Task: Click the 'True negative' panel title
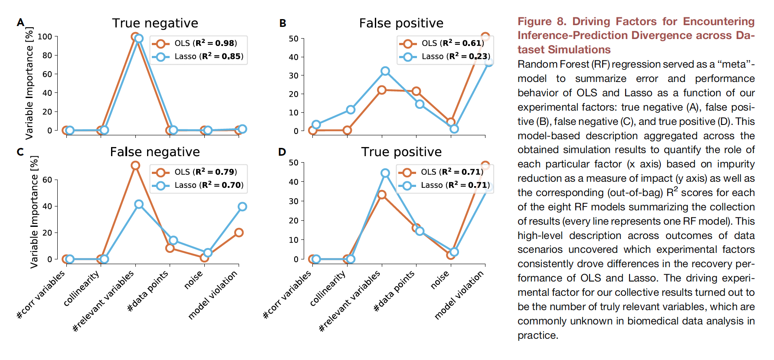pyautogui.click(x=155, y=23)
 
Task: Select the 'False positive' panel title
pyautogui.click(x=401, y=23)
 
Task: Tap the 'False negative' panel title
pyautogui.click(x=155, y=152)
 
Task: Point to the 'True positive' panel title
pyautogui.click(x=401, y=152)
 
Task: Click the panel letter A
pyautogui.click(x=20, y=23)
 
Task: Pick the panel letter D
pyautogui.click(x=282, y=152)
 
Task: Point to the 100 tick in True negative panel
pyautogui.click(x=45, y=37)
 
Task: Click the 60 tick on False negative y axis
pyautogui.click(x=47, y=180)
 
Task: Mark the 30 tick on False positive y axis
pyautogui.click(x=294, y=75)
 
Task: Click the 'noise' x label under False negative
pyautogui.click(x=193, y=280)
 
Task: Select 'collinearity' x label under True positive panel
pyautogui.click(x=328, y=288)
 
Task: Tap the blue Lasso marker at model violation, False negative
pyautogui.click(x=242, y=207)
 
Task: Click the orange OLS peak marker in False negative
pyautogui.click(x=135, y=166)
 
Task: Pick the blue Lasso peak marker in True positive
pyautogui.click(x=385, y=173)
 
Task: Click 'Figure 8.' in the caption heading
pyautogui.click(x=542, y=22)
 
